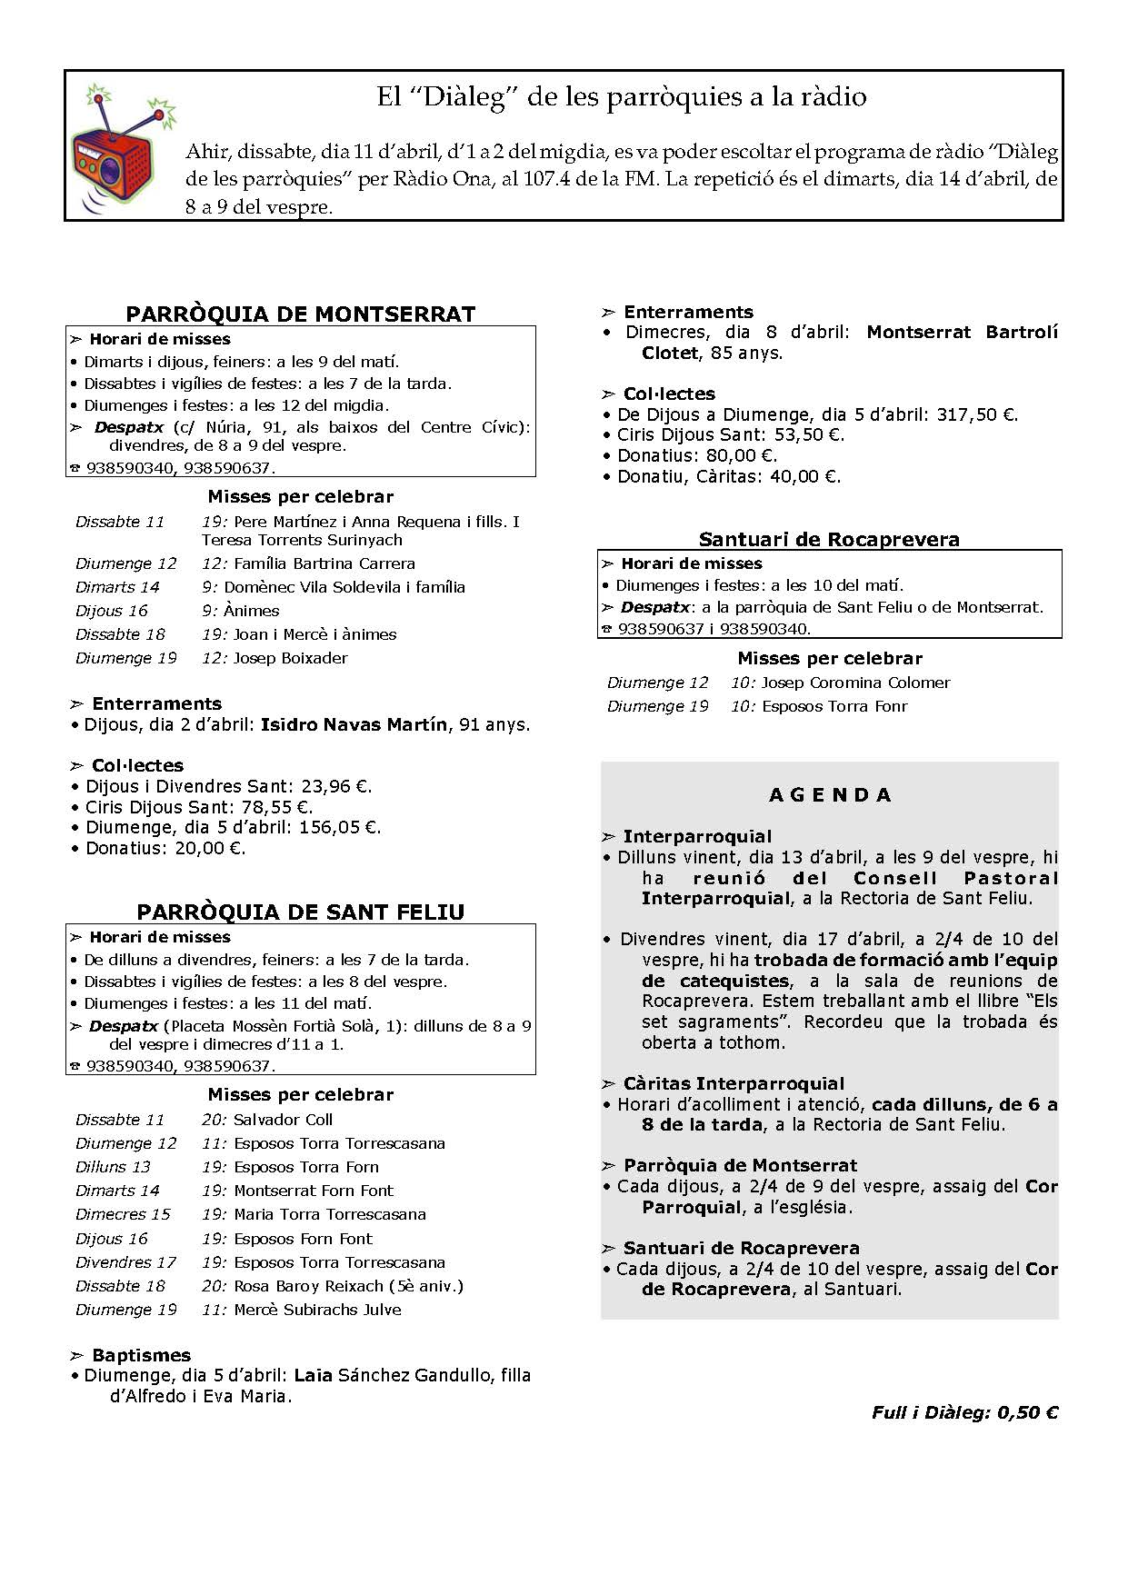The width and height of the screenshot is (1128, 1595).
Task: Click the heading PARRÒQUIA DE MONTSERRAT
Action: (x=300, y=314)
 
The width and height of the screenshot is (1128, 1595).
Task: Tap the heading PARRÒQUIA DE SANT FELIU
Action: (x=300, y=912)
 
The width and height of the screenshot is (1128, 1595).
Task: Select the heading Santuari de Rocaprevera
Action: (x=829, y=540)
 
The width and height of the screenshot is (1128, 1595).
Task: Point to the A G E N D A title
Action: (x=830, y=795)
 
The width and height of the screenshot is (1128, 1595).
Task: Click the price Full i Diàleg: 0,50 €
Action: (x=964, y=1412)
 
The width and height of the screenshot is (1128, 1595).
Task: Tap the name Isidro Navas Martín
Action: (x=354, y=725)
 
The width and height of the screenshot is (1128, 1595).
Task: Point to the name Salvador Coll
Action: (x=283, y=1120)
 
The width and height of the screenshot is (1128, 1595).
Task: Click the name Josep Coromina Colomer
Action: (x=855, y=683)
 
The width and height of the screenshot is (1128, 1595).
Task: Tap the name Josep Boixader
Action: (x=290, y=658)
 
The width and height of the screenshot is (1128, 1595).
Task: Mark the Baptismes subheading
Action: (x=141, y=1355)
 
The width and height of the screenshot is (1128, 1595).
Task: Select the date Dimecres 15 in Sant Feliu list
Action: (x=123, y=1214)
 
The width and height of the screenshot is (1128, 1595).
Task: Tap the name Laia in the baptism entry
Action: (x=314, y=1376)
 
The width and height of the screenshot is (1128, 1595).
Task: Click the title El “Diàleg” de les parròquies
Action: (x=622, y=97)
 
